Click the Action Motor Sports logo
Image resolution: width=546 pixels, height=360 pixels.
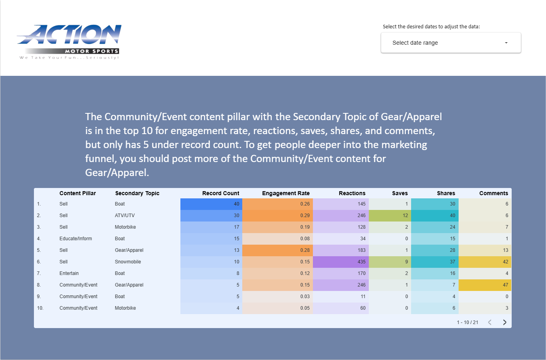coord(69,42)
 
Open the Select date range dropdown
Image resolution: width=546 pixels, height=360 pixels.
coord(451,43)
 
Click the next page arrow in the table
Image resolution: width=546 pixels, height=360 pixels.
coord(504,322)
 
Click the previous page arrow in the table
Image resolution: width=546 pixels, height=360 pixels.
coord(490,322)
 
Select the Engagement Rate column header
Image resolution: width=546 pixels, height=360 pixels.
coord(286,193)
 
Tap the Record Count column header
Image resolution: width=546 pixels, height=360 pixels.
coord(221,193)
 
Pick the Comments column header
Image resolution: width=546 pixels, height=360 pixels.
coord(494,193)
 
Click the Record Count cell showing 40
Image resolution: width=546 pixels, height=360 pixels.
coord(211,204)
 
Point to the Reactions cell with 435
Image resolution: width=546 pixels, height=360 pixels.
coord(341,262)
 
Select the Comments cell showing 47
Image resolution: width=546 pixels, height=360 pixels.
coord(485,285)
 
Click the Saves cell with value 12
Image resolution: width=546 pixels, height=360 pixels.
coord(390,216)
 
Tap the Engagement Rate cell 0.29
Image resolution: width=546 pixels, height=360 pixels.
coord(278,216)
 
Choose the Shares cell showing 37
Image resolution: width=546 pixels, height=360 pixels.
coord(435,262)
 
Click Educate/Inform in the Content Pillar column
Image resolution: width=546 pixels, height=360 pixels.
coord(75,239)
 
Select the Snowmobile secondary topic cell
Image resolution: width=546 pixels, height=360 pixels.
coord(128,262)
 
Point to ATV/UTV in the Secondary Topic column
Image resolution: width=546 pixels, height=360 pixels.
coord(125,216)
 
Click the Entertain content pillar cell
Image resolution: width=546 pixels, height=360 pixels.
coord(69,273)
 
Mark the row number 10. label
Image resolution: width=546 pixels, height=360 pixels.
coord(40,308)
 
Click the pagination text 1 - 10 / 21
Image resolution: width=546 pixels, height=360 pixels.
coord(467,322)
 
